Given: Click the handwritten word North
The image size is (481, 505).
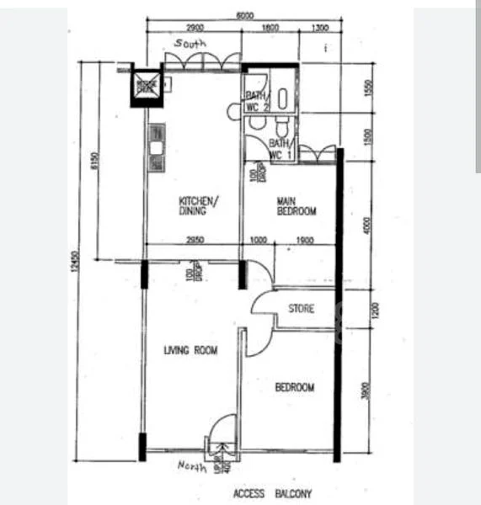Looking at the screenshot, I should [192, 467].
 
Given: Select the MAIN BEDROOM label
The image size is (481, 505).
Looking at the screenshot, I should [297, 206].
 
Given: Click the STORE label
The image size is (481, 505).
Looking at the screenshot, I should [301, 309].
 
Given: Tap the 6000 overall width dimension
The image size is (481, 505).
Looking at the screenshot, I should [244, 16].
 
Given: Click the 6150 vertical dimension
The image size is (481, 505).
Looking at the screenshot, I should [94, 161].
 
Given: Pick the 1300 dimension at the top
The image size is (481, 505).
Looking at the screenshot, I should [320, 29].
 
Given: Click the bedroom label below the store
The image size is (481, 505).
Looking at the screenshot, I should [295, 387].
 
